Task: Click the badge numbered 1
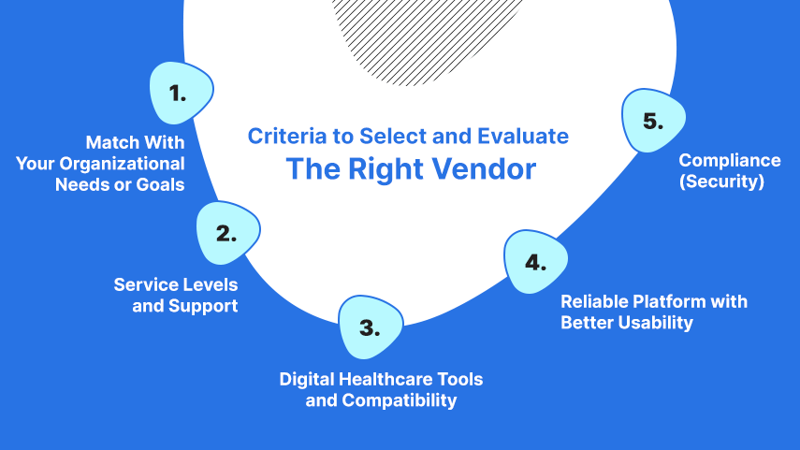[x=181, y=93]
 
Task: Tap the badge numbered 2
[x=227, y=233]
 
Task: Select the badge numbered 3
[x=371, y=327]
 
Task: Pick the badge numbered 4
[x=535, y=262]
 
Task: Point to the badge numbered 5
[x=653, y=121]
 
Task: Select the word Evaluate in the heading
[x=522, y=137]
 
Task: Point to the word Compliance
[x=730, y=160]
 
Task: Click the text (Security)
[x=721, y=181]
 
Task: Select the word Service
[x=143, y=284]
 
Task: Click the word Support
[x=203, y=306]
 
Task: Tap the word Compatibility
[x=400, y=400]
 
